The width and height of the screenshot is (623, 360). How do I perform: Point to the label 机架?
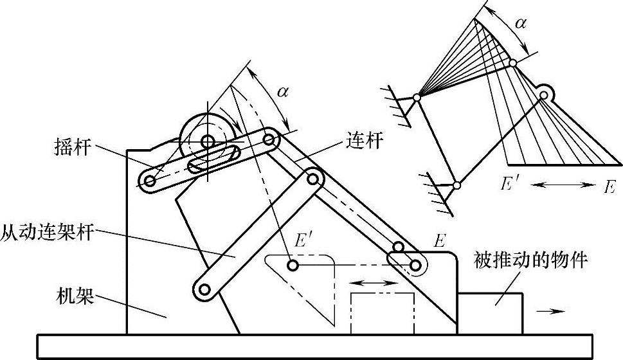(76, 298)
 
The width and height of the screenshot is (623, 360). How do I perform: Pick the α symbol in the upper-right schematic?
(521, 24)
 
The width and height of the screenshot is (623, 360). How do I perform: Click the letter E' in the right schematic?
(511, 184)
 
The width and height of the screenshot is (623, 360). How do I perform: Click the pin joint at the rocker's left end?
(150, 182)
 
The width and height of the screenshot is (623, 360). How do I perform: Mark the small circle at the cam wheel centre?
(207, 140)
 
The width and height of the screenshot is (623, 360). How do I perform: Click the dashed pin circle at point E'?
(293, 264)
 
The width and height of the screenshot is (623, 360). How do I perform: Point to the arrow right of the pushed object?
(551, 310)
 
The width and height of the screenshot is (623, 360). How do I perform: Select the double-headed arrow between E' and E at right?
(564, 185)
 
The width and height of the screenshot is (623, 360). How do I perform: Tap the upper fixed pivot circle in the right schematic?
(417, 98)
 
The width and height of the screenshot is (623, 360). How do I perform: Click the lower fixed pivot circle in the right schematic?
(456, 186)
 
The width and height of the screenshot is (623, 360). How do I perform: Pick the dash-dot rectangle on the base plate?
(382, 313)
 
